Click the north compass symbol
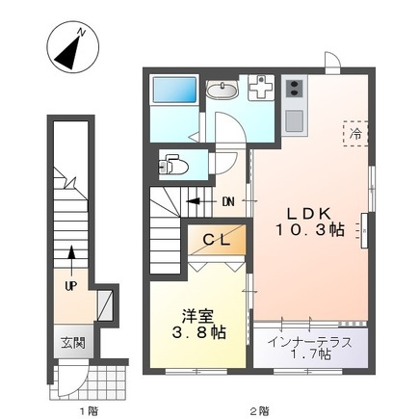click(x=69, y=48)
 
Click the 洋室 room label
click(x=199, y=314)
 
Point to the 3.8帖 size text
click(x=199, y=333)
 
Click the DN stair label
click(x=228, y=201)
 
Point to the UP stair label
click(x=71, y=286)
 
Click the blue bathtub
click(x=174, y=97)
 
